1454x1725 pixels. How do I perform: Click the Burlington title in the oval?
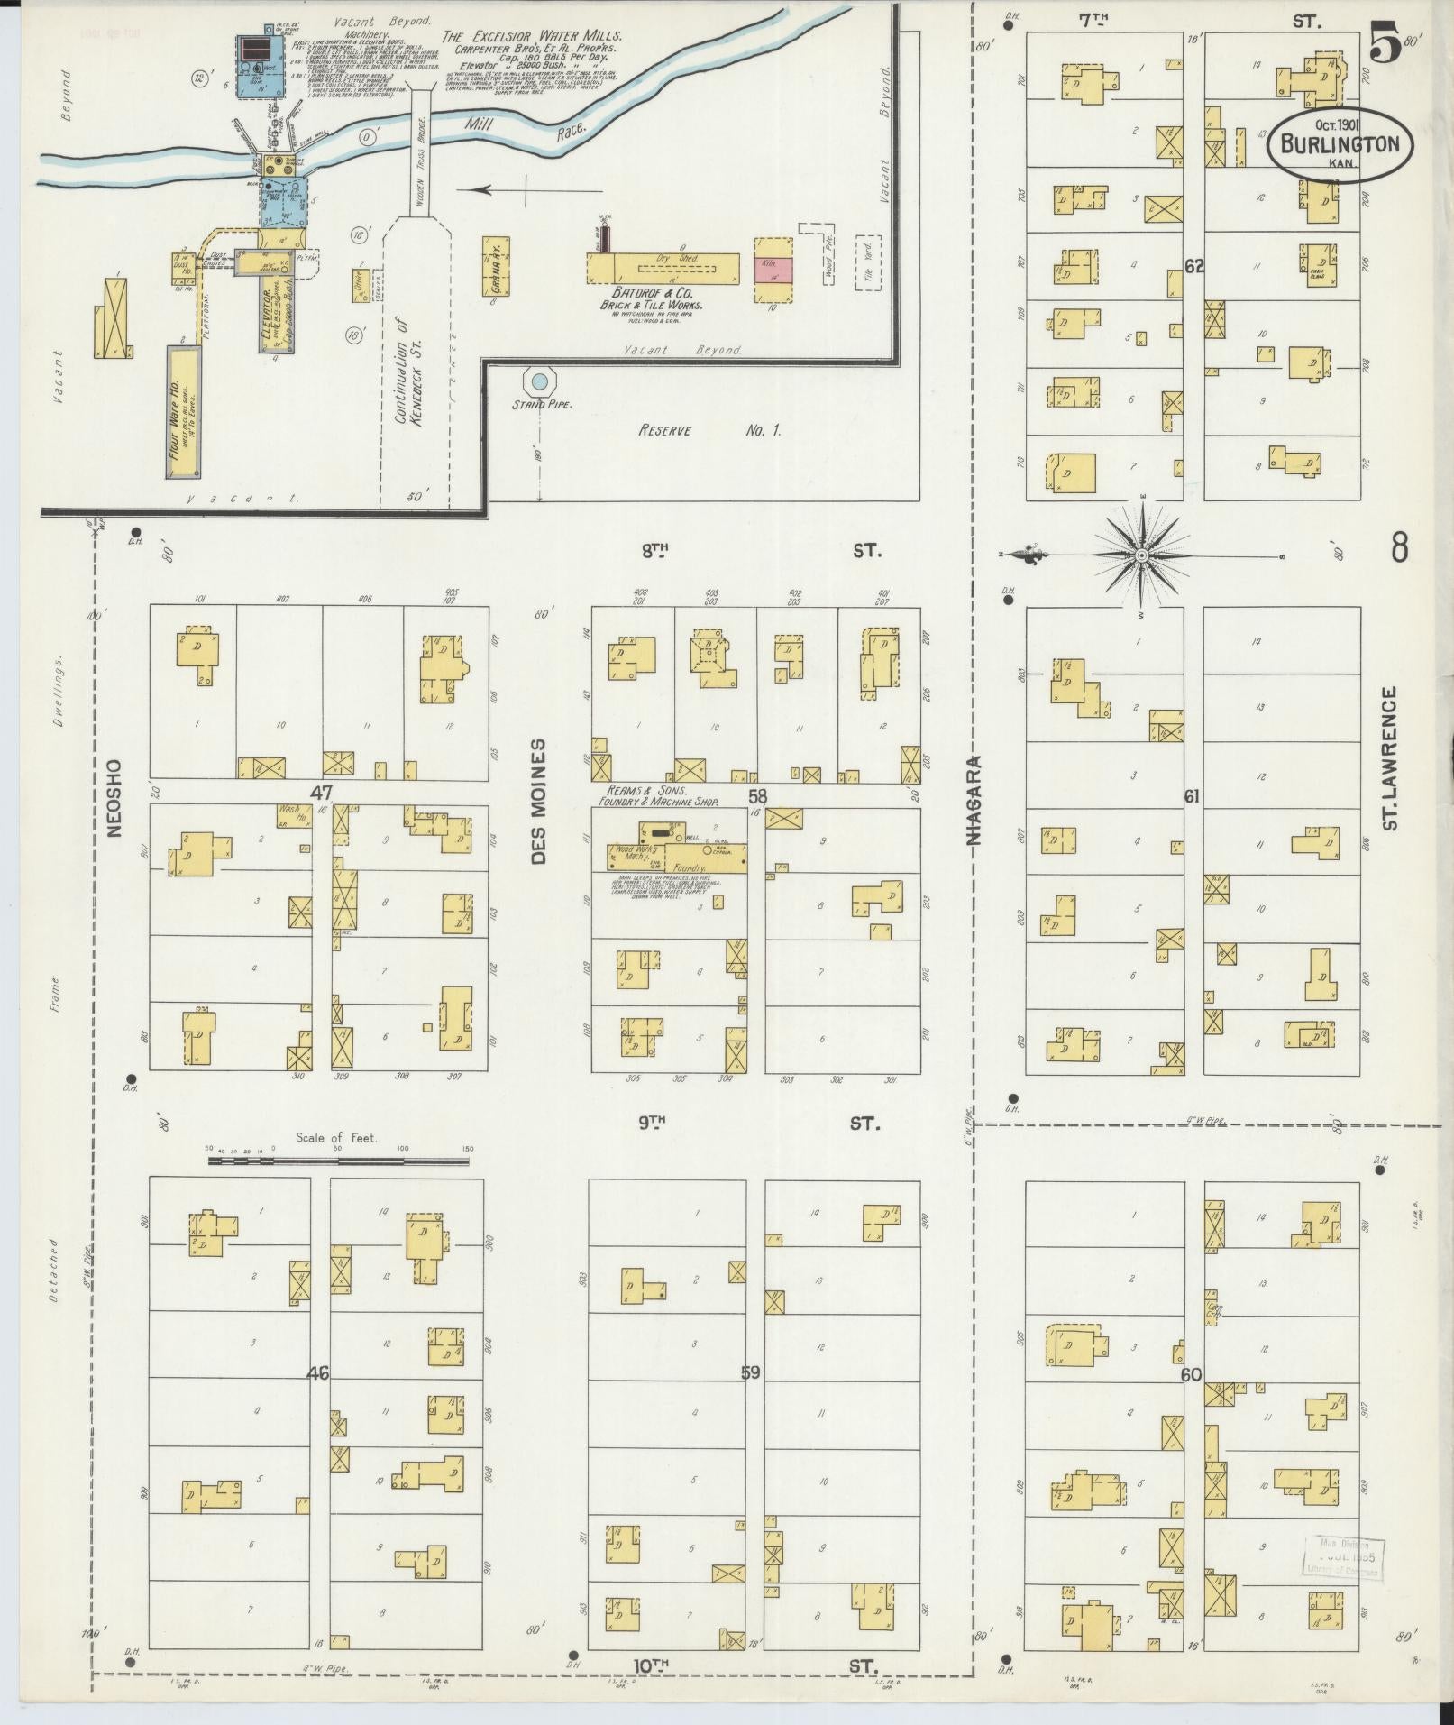tap(1340, 145)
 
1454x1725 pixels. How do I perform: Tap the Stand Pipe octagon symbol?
tap(539, 382)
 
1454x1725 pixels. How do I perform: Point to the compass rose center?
tap(1142, 555)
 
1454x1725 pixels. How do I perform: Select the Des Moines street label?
tap(538, 803)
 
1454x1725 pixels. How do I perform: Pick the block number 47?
tap(322, 794)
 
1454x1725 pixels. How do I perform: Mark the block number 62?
tap(1194, 267)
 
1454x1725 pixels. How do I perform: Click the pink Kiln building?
tap(773, 270)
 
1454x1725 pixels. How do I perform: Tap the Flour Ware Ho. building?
tap(184, 410)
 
